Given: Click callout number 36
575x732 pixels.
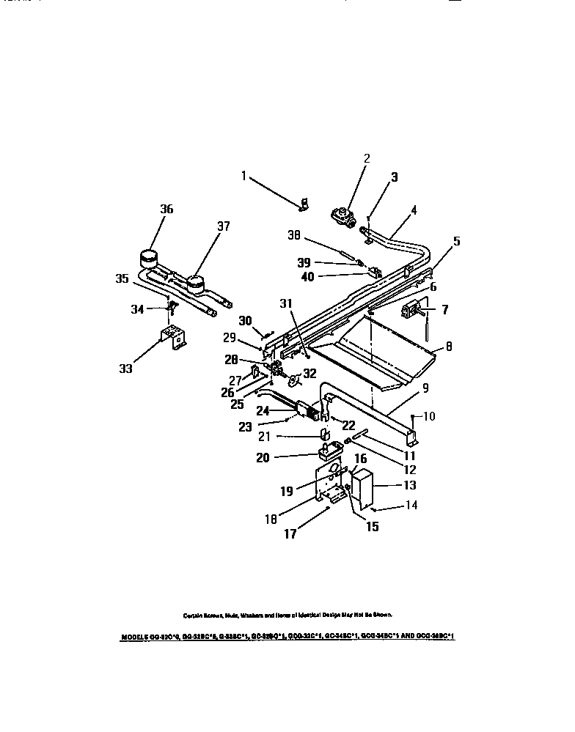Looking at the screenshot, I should point(166,209).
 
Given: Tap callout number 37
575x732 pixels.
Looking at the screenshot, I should point(223,226).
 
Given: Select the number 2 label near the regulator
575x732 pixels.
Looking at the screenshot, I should point(367,158).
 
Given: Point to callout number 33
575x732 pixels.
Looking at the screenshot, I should point(125,369).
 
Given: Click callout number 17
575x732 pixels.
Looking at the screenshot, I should point(291,535).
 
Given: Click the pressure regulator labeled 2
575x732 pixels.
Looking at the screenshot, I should point(343,215).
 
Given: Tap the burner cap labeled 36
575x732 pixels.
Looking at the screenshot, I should point(150,259).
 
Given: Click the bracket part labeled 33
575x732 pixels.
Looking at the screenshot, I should point(173,339).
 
